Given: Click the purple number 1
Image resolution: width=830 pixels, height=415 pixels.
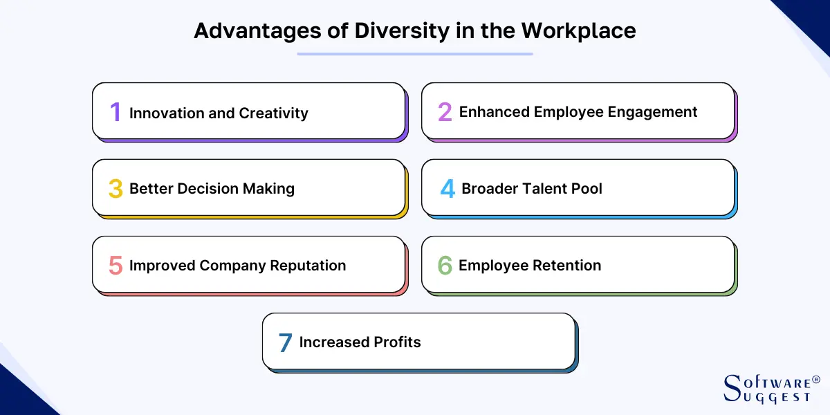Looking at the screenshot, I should (x=116, y=113).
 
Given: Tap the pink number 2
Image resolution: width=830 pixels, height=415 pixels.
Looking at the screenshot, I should (x=445, y=112).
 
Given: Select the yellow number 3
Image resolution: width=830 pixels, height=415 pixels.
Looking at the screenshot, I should (x=116, y=189).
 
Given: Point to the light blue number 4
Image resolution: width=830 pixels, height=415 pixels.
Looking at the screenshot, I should (x=448, y=189).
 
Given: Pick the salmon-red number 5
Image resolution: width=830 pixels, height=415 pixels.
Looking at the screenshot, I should (x=116, y=266).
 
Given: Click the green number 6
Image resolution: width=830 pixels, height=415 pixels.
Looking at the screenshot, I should (x=445, y=266).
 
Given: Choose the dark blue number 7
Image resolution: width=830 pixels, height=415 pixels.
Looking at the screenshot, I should (x=285, y=342).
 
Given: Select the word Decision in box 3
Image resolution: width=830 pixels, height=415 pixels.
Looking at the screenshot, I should (x=206, y=189).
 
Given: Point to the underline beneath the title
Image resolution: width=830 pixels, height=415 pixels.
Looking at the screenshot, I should (x=415, y=54).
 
